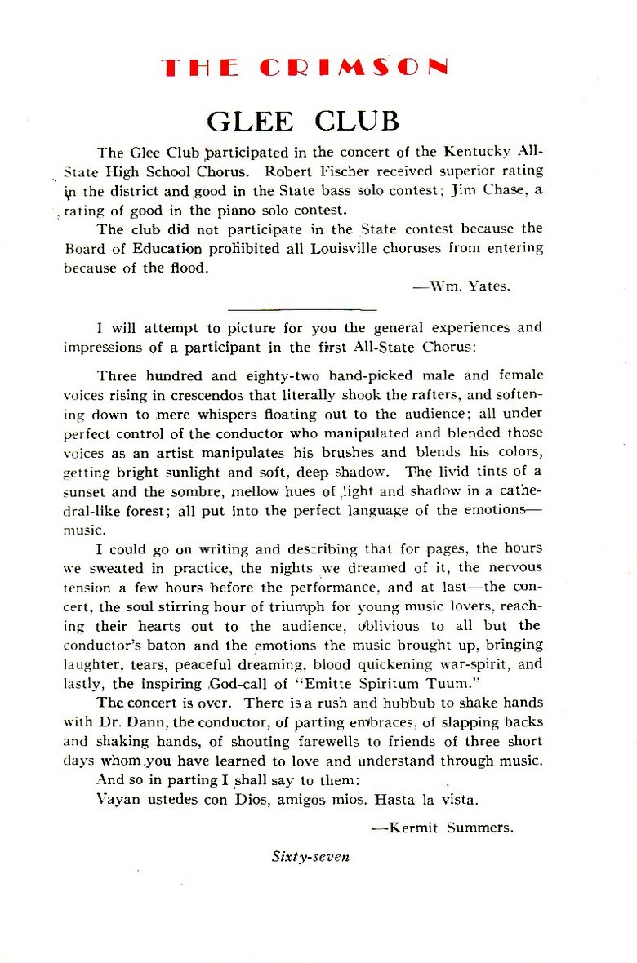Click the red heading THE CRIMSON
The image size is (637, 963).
[305, 68]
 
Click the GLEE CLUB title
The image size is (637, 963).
[303, 121]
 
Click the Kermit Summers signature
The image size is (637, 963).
[443, 827]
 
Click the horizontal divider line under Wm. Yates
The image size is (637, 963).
[302, 310]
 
